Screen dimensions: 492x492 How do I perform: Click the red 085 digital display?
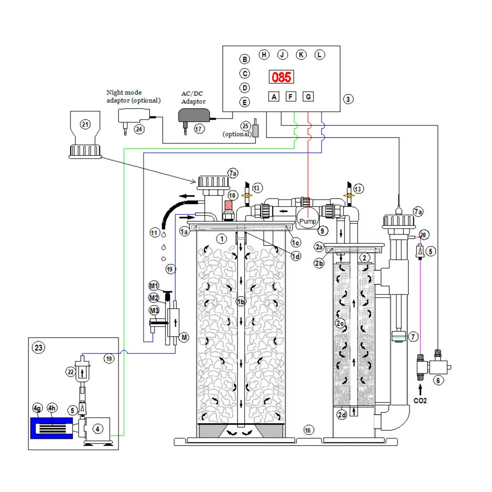[x=281, y=77]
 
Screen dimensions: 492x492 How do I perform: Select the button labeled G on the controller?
[x=308, y=96]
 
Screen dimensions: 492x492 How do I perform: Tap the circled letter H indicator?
[x=264, y=55]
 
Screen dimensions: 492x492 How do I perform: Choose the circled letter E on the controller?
[x=245, y=102]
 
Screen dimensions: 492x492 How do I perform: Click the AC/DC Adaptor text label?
[x=193, y=98]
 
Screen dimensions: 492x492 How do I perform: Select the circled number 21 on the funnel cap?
[x=85, y=124]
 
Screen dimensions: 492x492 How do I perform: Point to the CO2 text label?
[x=420, y=400]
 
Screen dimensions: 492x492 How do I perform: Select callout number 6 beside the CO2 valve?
[x=438, y=381]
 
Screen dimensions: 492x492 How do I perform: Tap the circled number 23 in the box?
[x=39, y=347]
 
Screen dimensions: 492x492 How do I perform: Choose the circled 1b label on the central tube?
[x=241, y=302]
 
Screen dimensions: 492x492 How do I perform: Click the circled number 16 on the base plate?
[x=308, y=430]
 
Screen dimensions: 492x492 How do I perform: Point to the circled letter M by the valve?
[x=184, y=338]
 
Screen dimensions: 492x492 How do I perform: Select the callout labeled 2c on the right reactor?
[x=340, y=322]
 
